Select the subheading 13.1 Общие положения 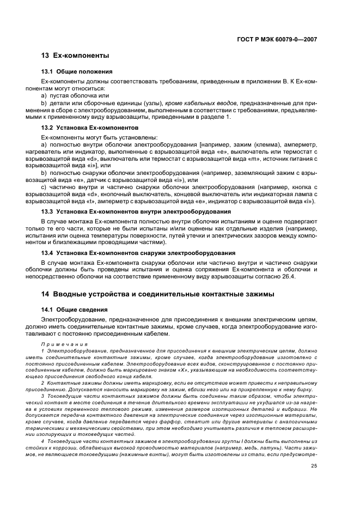point(77,72)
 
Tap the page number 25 point(314,465)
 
